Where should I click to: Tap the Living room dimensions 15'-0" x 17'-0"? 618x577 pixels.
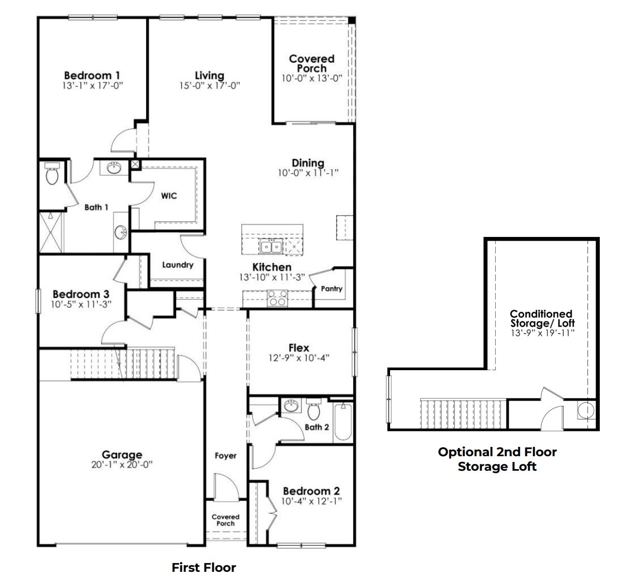(x=209, y=86)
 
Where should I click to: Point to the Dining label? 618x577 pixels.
(x=308, y=163)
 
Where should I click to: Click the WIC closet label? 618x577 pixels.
(x=169, y=196)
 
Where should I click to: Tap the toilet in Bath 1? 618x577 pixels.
(x=52, y=175)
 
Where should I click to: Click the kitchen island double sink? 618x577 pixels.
(x=270, y=247)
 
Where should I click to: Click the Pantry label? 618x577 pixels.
(x=332, y=289)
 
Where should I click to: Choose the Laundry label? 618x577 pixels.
(x=178, y=265)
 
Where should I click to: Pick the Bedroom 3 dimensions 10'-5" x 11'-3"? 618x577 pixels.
(x=81, y=305)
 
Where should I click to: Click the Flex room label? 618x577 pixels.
(x=299, y=348)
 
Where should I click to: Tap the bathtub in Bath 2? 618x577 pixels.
(x=342, y=421)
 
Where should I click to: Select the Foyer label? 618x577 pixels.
(x=226, y=456)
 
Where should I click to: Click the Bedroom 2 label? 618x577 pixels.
(x=311, y=491)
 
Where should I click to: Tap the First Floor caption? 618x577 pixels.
(x=204, y=567)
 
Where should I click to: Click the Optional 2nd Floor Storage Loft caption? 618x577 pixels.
(x=497, y=459)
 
